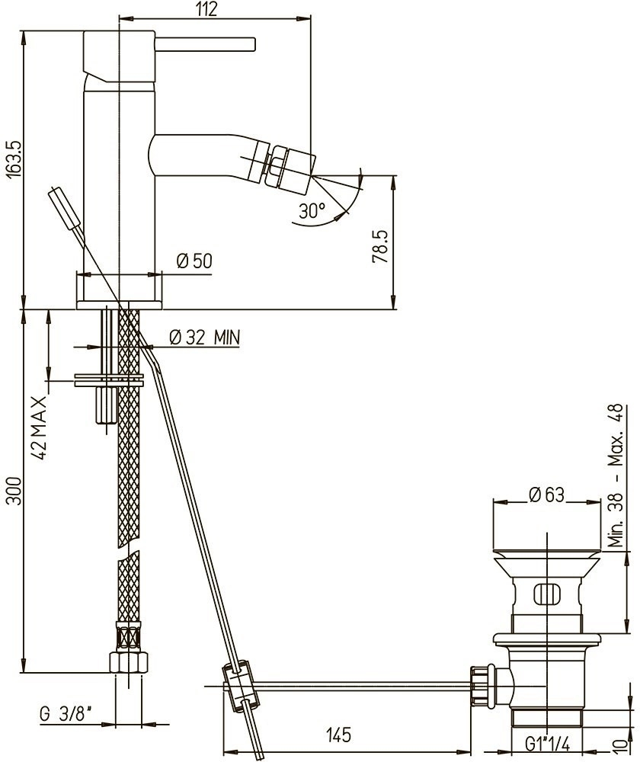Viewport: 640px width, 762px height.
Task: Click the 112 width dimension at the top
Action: [207, 9]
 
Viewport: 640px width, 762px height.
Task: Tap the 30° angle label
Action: [312, 210]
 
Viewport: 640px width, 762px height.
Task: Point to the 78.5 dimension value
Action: [379, 247]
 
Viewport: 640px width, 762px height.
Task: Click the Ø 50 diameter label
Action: [194, 261]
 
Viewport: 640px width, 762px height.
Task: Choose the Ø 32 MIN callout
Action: [205, 337]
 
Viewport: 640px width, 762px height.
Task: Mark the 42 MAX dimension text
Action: [40, 427]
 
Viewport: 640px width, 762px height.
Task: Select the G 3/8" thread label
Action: [66, 715]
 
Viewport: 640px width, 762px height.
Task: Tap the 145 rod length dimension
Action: [338, 735]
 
